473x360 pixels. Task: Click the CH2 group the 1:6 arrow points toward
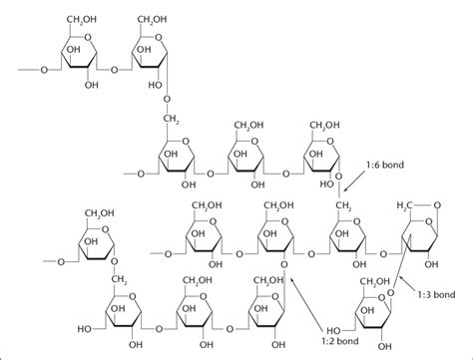tap(342, 205)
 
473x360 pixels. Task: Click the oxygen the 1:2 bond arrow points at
tap(286, 266)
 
